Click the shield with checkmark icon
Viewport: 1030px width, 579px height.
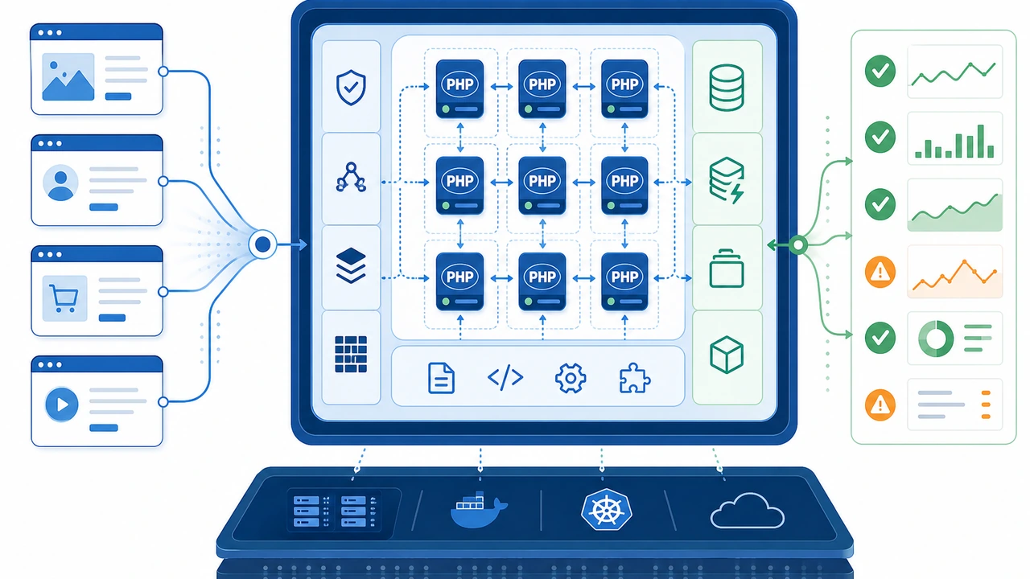click(351, 88)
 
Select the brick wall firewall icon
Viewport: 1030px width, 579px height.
click(351, 354)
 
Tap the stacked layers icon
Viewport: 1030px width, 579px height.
click(351, 265)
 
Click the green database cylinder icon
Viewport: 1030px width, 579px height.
click(727, 88)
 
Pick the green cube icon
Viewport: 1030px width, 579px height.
click(727, 355)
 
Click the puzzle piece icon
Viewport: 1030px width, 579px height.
click(635, 378)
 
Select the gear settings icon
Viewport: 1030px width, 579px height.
click(571, 378)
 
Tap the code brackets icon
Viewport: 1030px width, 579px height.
click(505, 378)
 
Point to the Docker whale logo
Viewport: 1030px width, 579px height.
click(478, 509)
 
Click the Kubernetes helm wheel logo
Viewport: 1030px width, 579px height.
click(607, 509)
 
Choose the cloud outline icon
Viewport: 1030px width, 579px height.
click(748, 511)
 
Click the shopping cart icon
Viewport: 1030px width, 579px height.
click(64, 298)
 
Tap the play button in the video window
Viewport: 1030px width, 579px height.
click(62, 404)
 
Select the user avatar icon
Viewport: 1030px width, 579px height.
click(60, 183)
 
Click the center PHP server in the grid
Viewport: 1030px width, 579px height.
click(542, 185)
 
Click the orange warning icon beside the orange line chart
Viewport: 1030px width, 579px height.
click(880, 273)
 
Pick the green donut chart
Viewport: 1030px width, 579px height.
click(935, 339)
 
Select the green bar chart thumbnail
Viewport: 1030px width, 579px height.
click(954, 138)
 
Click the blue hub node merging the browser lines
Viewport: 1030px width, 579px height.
click(262, 244)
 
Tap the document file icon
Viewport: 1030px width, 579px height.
click(441, 378)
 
